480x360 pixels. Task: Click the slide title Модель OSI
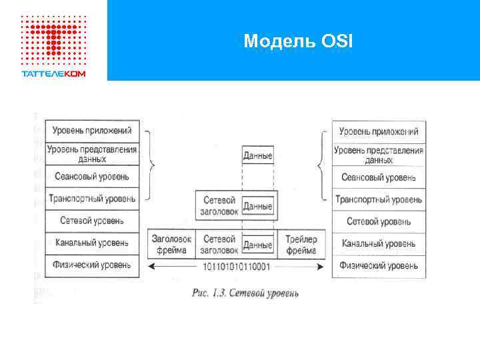[298, 41]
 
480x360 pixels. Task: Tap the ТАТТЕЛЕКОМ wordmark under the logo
[53, 73]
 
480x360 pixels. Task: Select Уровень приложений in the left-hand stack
[91, 131]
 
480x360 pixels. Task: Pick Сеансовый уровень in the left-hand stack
[91, 177]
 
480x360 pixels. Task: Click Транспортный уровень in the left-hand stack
[91, 198]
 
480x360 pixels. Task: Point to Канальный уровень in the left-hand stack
[91, 243]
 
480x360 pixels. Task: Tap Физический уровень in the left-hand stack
[91, 265]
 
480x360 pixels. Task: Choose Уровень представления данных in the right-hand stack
[379, 155]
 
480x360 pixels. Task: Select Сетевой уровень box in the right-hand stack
[379, 221]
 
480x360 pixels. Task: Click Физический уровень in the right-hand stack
[379, 265]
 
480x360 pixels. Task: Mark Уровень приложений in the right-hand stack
[379, 131]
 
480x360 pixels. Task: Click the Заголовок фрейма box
[172, 245]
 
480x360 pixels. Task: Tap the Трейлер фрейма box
[301, 245]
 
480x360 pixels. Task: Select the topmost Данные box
[257, 155]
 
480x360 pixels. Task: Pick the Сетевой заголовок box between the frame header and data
[219, 245]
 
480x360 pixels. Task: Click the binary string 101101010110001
[238, 267]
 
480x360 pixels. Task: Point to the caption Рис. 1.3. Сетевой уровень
[245, 292]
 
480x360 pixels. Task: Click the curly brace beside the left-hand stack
[153, 164]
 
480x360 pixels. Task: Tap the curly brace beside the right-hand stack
[322, 164]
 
